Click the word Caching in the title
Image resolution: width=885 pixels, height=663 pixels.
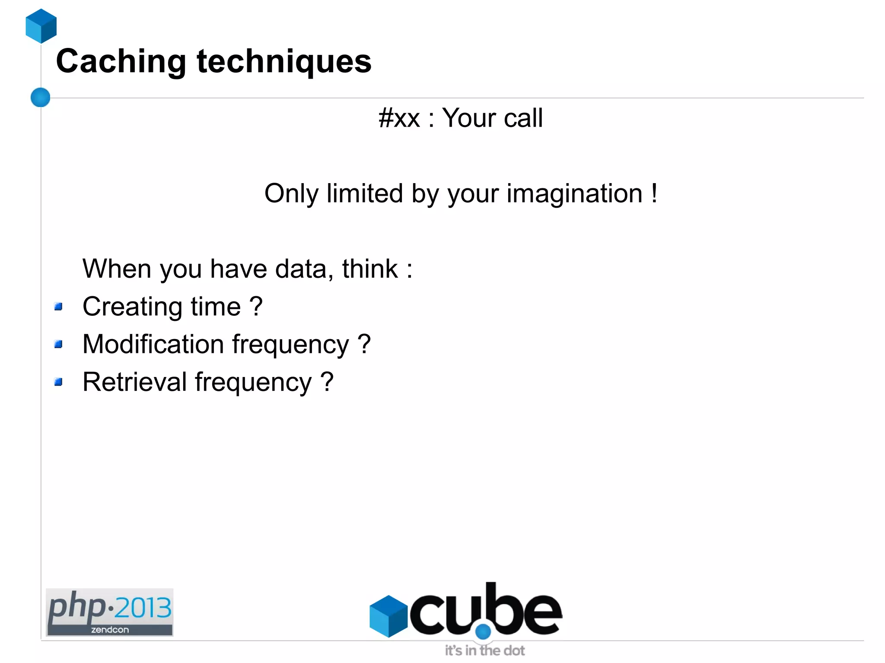click(x=121, y=62)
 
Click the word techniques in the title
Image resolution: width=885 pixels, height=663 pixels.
click(x=284, y=62)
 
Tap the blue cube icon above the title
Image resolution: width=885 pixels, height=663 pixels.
click(x=41, y=26)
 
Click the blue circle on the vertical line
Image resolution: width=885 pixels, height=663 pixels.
click(x=41, y=97)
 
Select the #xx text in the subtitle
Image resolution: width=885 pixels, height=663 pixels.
click(x=399, y=118)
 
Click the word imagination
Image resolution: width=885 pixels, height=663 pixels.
click(x=574, y=194)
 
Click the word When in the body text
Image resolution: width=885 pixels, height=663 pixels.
click(x=117, y=269)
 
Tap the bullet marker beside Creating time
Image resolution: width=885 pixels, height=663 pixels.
click(x=59, y=307)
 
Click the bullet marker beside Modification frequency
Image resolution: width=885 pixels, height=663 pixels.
click(x=59, y=344)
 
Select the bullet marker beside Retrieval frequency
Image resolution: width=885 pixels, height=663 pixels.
click(x=59, y=382)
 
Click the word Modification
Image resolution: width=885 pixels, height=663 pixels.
click(x=153, y=344)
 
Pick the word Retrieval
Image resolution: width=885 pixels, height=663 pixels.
click(x=134, y=382)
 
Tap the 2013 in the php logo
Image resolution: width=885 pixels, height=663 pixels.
click(x=143, y=608)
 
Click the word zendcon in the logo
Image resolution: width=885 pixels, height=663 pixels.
click(x=110, y=630)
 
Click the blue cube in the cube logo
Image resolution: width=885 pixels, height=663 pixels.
click(x=388, y=616)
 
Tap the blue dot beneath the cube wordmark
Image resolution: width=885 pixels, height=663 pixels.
click(x=483, y=631)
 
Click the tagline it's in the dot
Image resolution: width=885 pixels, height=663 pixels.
click(x=485, y=650)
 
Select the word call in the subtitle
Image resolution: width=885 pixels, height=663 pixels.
click(x=523, y=118)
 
